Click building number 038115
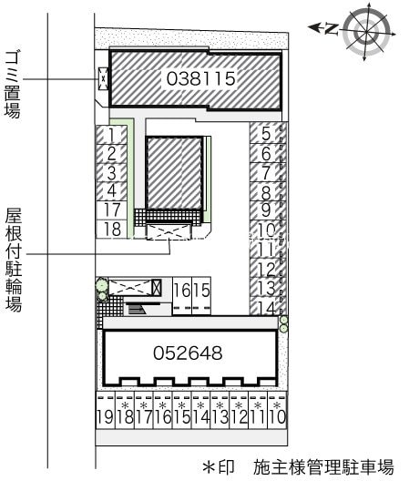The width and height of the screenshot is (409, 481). coord(201,79)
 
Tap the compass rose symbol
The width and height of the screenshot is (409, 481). coord(369,30)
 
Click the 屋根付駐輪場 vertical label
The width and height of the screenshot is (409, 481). coord(13,260)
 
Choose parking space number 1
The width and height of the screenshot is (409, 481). coord(111,135)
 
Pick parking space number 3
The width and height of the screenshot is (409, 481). coord(111,172)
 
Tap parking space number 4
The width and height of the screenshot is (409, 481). coord(111,190)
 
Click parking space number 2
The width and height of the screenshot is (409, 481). coord(111,153)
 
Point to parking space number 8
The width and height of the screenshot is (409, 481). coord(265,192)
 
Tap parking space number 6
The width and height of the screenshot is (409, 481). coord(265,154)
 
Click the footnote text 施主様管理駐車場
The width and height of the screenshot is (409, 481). coord(323,466)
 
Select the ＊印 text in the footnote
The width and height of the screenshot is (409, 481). coord(219,466)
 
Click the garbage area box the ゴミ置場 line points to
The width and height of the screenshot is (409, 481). coord(103,79)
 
